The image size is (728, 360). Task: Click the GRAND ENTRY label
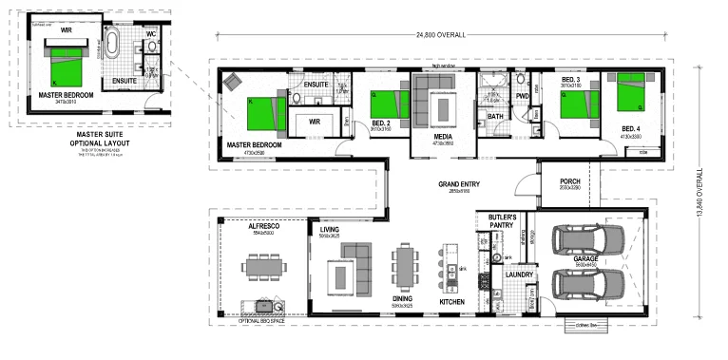pos(455,183)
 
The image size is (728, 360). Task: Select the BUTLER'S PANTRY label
pos(502,221)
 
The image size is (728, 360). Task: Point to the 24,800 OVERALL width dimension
pos(441,34)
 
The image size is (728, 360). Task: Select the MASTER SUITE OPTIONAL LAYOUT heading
pos(88,139)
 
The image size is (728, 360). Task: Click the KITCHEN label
pos(451,302)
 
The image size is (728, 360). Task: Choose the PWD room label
pos(522,95)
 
